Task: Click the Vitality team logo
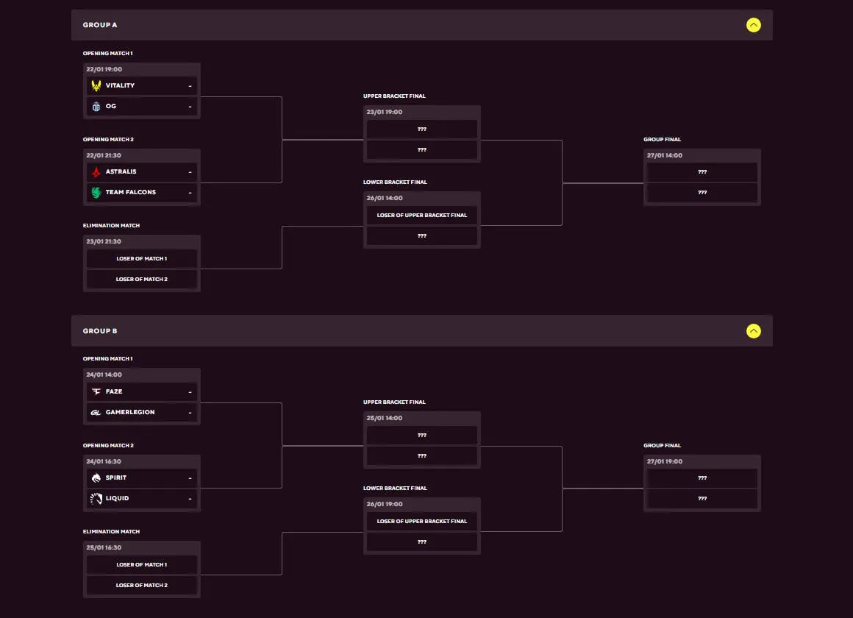click(96, 85)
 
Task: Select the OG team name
click(111, 106)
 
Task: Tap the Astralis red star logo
click(96, 172)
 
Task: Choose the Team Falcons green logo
click(96, 192)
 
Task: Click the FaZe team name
click(114, 391)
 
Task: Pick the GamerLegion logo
click(96, 412)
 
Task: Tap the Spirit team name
click(116, 477)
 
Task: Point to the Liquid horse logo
click(96, 498)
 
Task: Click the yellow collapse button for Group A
click(754, 25)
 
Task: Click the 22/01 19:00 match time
click(104, 69)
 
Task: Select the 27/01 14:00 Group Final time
click(664, 155)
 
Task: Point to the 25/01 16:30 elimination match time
click(104, 547)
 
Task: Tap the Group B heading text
click(100, 331)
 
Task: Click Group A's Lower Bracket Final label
click(395, 182)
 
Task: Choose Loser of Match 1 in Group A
click(141, 259)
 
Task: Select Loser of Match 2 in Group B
click(141, 586)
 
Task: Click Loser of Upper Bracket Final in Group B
click(421, 521)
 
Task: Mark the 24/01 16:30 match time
click(104, 461)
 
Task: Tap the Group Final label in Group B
click(662, 445)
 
